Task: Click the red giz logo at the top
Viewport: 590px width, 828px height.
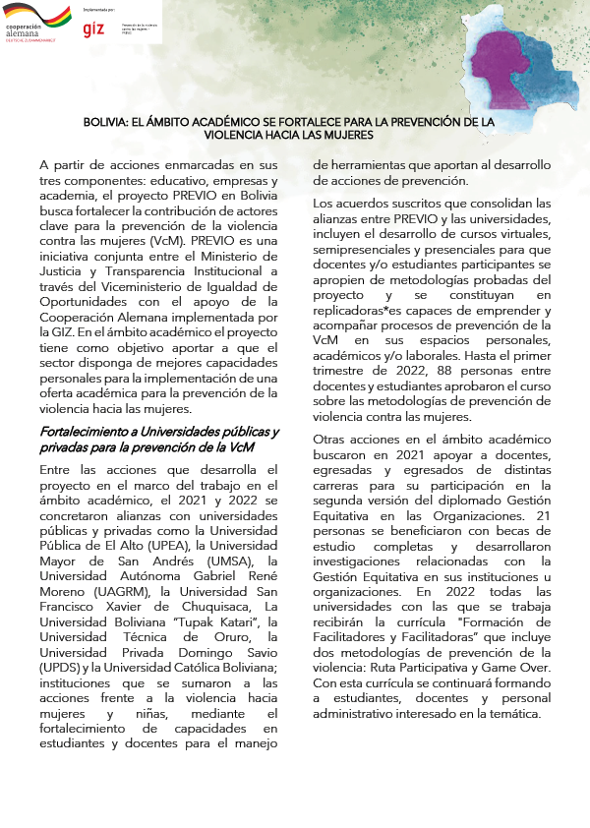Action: point(93,29)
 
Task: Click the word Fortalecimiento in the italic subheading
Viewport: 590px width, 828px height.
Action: point(86,433)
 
